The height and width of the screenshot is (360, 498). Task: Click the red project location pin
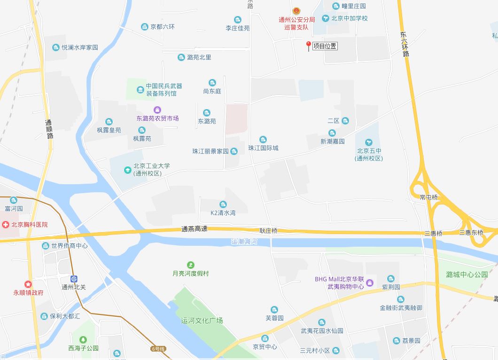pos(308,46)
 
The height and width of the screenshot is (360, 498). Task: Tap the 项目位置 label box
pos(325,46)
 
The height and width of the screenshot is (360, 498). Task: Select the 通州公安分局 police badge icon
pos(296,11)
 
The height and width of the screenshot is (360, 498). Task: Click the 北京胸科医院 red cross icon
pos(5,225)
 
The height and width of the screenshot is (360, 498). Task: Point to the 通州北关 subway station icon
pos(74,279)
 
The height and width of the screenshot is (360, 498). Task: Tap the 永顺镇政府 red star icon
pos(28,284)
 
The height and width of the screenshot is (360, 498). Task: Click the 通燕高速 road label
pos(195,229)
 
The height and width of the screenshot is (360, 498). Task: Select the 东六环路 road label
pos(405,44)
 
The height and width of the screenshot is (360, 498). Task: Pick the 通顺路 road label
pos(49,129)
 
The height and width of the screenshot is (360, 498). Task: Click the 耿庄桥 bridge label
pos(269,231)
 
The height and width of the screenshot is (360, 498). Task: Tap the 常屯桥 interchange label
pos(428,197)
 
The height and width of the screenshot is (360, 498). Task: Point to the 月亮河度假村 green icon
pos(190,265)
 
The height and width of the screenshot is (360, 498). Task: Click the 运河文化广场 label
pos(202,321)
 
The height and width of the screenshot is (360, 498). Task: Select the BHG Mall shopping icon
pos(370,282)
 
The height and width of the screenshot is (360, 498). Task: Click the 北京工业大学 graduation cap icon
pos(127,170)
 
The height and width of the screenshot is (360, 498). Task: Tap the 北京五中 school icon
pos(369,142)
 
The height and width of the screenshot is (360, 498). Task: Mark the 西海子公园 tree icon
pos(83,339)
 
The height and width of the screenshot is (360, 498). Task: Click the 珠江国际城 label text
pos(263,148)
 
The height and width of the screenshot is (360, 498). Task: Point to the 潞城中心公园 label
pos(467,274)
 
